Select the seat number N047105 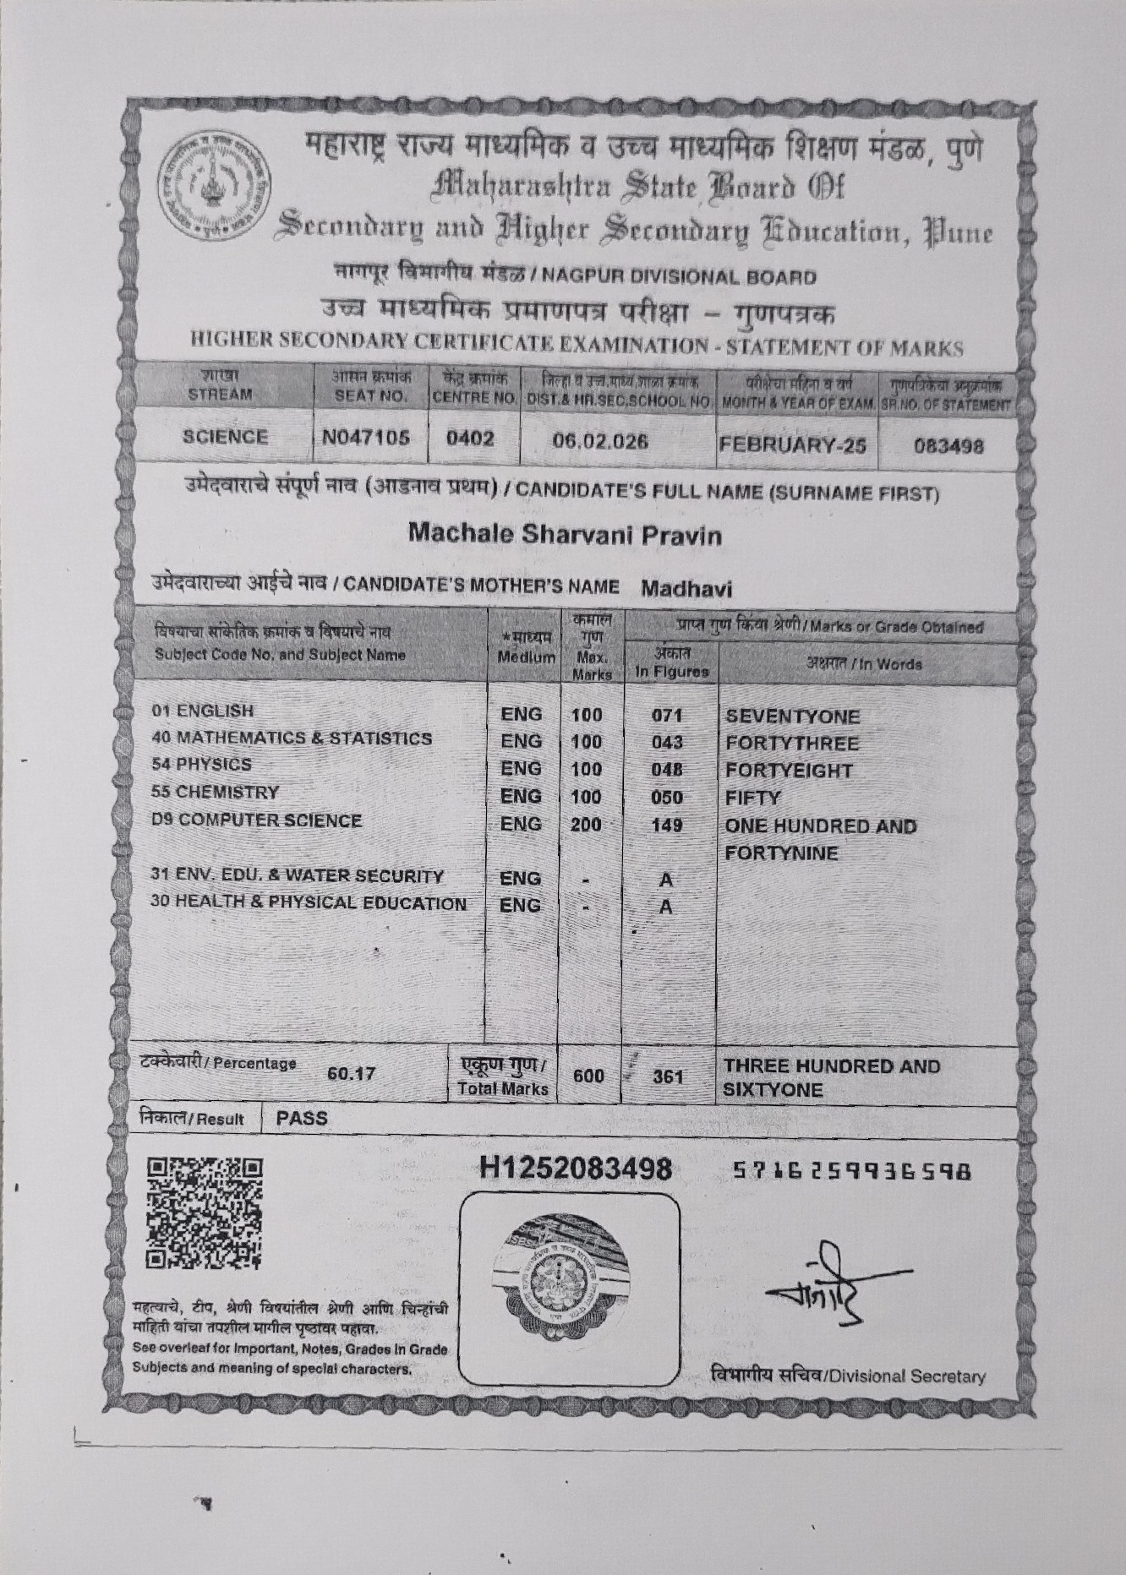366,438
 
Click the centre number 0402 470,439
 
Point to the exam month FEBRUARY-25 793,444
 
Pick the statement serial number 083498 948,446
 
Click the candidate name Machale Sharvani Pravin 565,534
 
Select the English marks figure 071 666,716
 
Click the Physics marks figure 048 666,770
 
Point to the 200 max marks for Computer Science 586,824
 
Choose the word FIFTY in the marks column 752,798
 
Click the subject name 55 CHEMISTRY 215,793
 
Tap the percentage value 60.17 350,1074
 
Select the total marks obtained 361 668,1076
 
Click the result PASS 302,1118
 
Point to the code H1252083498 576,1169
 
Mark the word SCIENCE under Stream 225,437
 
